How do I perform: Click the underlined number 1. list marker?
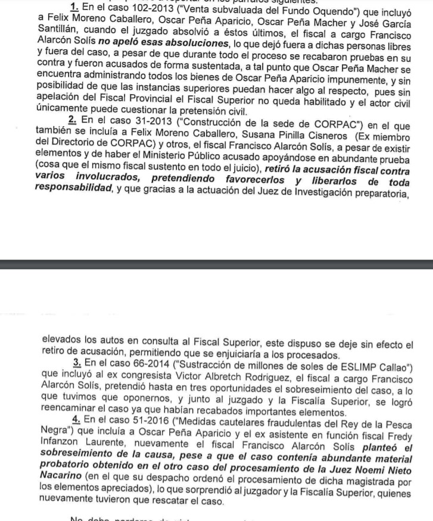point(74,7)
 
